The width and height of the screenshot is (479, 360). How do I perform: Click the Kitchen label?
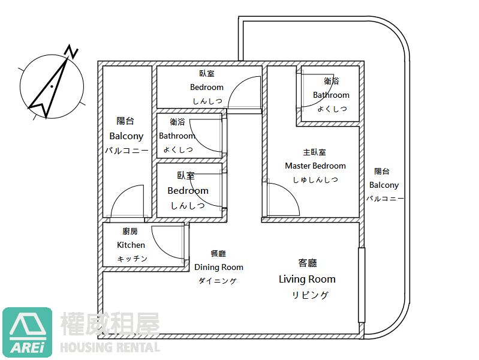131,245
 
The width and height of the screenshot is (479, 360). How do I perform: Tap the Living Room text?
307,279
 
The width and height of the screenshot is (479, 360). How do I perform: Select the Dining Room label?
219,268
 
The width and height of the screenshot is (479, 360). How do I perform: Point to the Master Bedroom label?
315,166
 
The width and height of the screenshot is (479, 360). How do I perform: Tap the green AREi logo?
27,332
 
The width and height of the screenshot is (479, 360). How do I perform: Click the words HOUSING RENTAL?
110,347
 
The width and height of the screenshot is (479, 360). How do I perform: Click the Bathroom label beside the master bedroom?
331,95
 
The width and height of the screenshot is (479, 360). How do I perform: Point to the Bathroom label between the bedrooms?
177,136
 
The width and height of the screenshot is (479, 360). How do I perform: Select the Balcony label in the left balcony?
126,136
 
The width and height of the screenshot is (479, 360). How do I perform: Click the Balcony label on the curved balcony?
384,185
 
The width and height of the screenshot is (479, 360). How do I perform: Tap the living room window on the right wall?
361,285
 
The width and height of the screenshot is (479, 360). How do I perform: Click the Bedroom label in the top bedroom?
207,87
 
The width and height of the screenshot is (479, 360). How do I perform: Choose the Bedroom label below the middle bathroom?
188,191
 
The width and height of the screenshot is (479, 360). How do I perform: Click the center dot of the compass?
52,86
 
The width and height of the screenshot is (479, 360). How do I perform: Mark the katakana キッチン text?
132,259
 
